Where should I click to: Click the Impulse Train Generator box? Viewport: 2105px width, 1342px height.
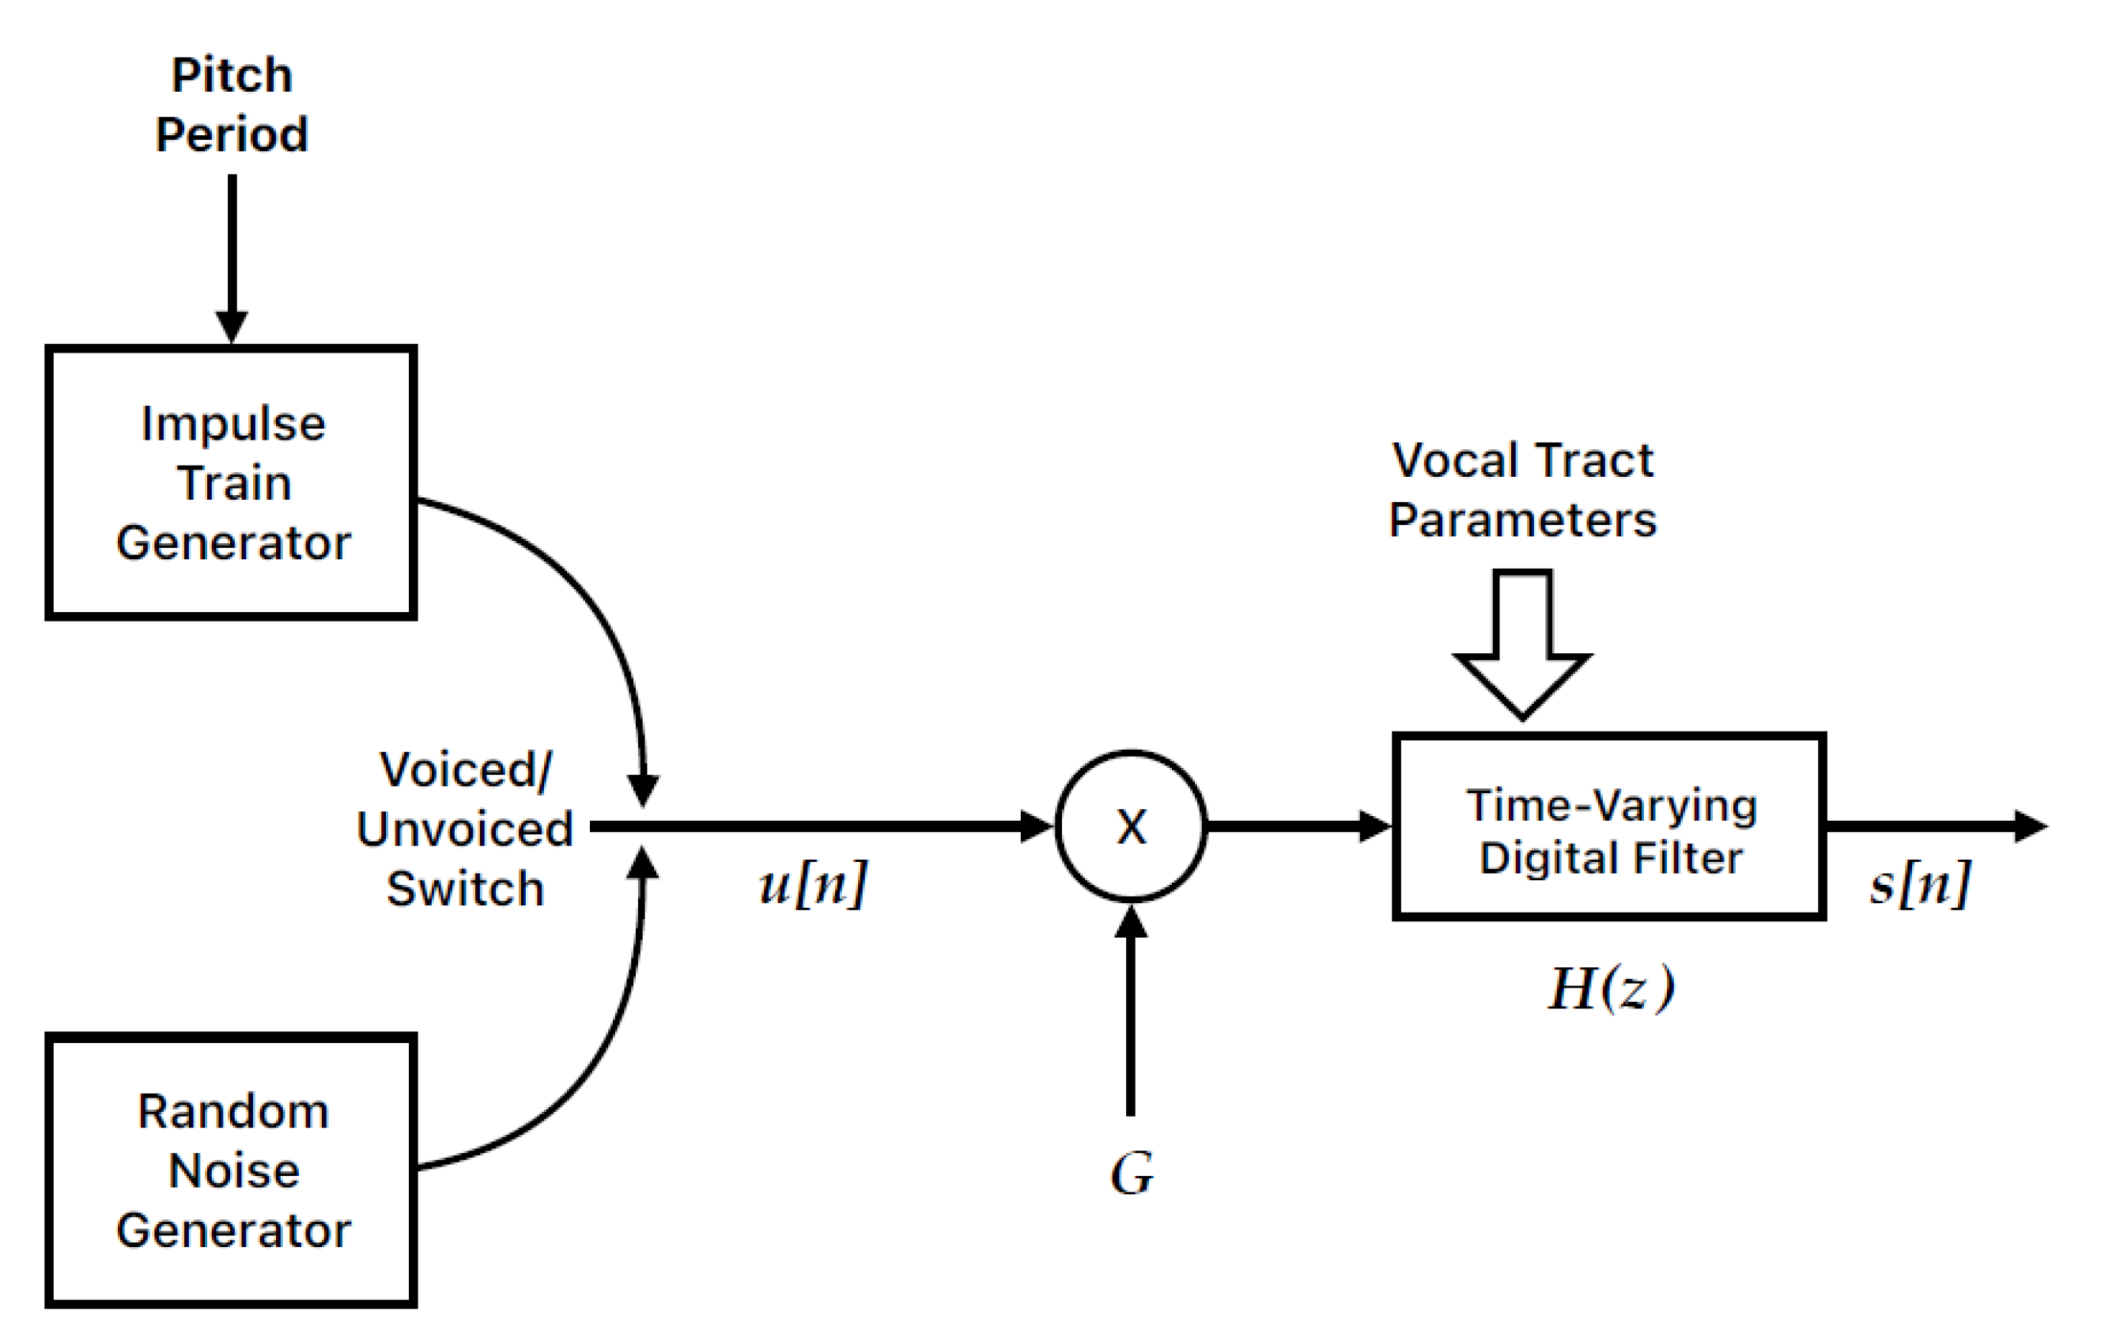(x=231, y=482)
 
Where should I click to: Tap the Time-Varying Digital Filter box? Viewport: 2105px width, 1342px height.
(x=1608, y=827)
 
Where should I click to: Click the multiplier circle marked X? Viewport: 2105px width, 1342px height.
(x=1131, y=826)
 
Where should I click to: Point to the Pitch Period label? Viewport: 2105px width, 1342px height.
(x=232, y=104)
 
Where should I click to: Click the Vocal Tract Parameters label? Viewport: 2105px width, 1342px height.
(x=1522, y=490)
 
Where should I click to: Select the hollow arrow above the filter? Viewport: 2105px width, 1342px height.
(x=1522, y=647)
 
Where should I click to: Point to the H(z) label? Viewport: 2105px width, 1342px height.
(x=1611, y=988)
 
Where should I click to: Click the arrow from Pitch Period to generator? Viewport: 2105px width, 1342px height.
(x=232, y=254)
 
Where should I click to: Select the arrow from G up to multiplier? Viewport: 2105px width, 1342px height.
(x=1130, y=1014)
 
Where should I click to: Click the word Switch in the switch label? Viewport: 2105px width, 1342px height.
(x=465, y=889)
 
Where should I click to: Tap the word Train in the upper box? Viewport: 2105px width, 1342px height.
(x=233, y=482)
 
